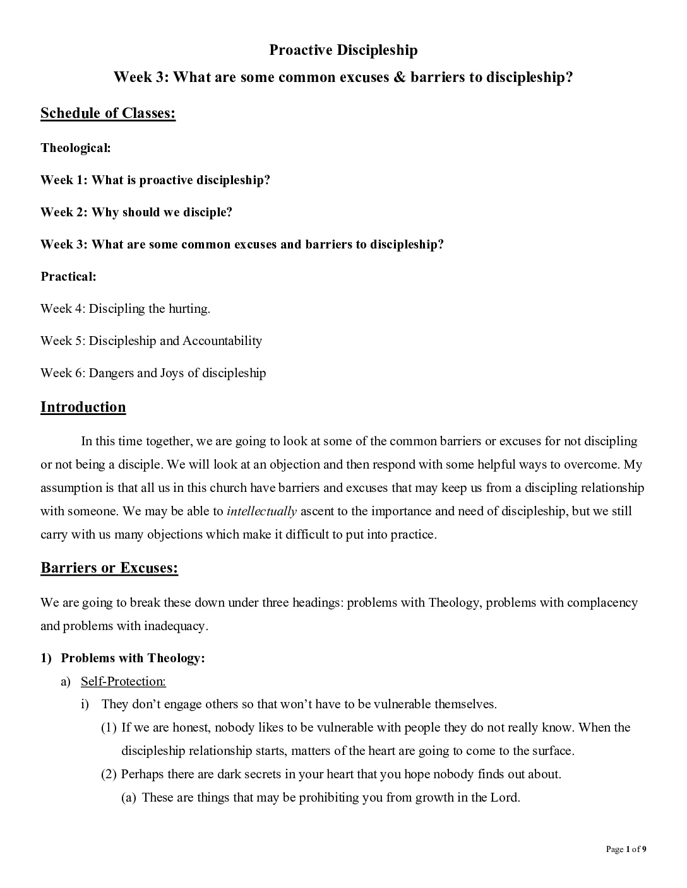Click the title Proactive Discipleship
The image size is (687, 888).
point(343,50)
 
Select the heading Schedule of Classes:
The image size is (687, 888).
point(108,114)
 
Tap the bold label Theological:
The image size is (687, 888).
point(76,148)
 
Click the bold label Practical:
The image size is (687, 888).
point(68,276)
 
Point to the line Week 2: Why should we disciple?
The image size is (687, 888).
point(136,212)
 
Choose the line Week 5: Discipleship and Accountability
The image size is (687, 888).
point(151,341)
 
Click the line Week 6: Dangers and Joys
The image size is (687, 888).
point(153,373)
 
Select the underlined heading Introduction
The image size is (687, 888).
point(83,407)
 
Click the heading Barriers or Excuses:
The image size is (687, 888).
point(109,568)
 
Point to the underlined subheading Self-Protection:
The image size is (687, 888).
point(123,681)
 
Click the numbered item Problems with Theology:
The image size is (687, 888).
point(133,658)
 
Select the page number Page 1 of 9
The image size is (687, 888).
point(626,849)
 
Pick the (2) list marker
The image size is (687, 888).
point(109,774)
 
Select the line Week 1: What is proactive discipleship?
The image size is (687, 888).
point(155,180)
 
